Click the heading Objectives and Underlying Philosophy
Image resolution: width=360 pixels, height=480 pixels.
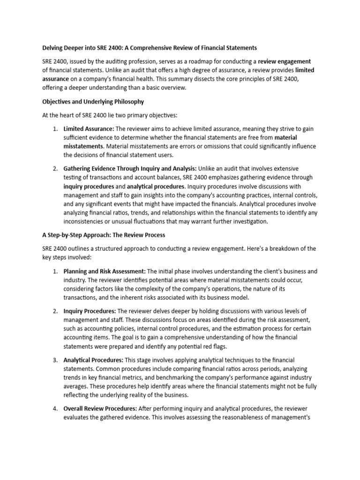click(x=93, y=101)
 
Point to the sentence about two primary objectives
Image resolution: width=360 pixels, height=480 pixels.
click(x=109, y=115)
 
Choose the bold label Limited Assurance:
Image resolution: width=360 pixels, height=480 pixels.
click(x=89, y=129)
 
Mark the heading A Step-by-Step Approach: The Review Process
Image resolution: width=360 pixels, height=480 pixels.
click(x=104, y=234)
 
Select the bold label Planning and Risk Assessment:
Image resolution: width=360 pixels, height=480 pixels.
click(x=105, y=271)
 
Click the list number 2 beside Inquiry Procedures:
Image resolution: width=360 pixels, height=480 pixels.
click(x=55, y=311)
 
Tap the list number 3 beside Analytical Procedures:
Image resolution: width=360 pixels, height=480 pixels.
click(x=55, y=360)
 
